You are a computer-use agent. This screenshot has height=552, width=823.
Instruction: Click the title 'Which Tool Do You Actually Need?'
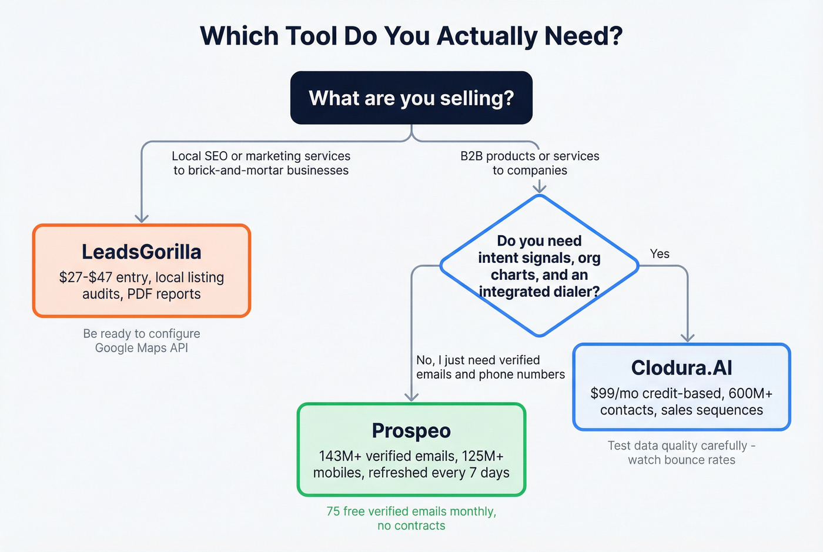click(411, 36)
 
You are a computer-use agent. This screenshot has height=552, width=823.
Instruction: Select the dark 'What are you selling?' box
click(411, 98)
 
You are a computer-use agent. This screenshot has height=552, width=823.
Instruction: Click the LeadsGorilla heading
click(142, 252)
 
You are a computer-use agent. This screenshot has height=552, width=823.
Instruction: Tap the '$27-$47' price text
click(85, 277)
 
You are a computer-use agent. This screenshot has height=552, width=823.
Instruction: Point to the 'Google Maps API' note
click(142, 348)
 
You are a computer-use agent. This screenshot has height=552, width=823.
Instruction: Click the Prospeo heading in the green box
click(411, 430)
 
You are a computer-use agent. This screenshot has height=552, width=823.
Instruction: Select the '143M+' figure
click(340, 456)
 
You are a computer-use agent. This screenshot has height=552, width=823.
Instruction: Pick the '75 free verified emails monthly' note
click(411, 511)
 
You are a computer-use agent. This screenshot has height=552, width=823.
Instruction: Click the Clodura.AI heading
click(681, 368)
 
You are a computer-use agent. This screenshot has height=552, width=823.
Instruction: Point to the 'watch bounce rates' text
click(681, 460)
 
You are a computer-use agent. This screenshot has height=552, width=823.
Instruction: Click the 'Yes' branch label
click(660, 254)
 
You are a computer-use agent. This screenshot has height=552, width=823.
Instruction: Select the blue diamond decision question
click(539, 266)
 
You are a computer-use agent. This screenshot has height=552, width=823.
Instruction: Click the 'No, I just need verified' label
click(477, 360)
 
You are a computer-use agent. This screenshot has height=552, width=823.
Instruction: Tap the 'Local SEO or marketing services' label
click(261, 156)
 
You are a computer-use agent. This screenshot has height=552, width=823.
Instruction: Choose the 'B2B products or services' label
click(530, 156)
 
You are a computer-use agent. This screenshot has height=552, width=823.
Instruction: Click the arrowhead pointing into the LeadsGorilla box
click(142, 219)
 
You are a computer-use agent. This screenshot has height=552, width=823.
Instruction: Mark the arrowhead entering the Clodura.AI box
click(687, 338)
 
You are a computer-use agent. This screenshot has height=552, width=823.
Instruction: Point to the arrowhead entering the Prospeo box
click(411, 397)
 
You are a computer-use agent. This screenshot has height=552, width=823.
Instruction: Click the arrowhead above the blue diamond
click(539, 188)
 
